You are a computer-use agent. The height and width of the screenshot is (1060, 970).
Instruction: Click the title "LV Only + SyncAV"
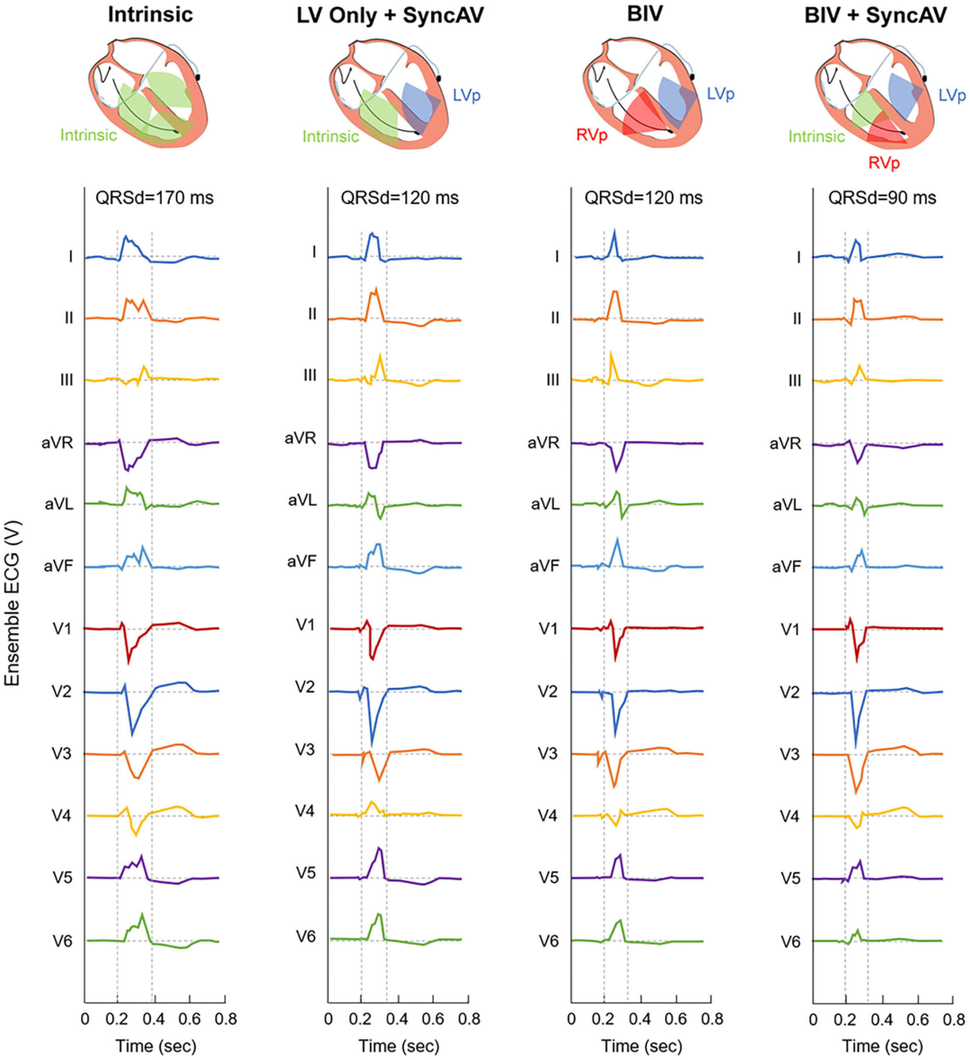tap(390, 15)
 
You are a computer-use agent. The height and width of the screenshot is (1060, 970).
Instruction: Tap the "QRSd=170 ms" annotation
tap(154, 198)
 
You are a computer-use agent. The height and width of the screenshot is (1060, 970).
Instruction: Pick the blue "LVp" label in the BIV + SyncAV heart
tap(952, 95)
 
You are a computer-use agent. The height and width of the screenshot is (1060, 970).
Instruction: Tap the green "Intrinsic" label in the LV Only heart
tap(331, 137)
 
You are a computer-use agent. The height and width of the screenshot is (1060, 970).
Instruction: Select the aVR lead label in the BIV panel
tap(542, 443)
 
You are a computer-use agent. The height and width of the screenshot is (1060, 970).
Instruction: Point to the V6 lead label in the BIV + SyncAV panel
tap(789, 941)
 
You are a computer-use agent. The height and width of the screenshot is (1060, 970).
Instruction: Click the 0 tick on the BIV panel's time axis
tap(572, 1020)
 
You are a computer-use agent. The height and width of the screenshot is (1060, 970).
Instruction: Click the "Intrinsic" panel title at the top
tap(150, 15)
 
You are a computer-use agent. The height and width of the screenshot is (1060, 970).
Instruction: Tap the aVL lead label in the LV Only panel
tap(302, 500)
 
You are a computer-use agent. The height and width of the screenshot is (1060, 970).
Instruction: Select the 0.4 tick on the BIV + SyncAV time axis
tap(882, 1020)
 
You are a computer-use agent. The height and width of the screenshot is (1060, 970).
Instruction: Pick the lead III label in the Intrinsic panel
tap(66, 380)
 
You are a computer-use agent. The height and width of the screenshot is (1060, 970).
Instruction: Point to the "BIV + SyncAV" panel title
tap(875, 15)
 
